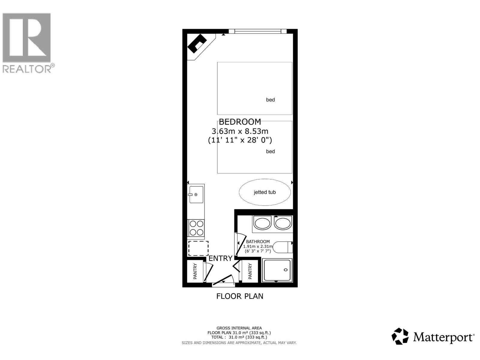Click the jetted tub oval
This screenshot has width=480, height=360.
click(265, 192)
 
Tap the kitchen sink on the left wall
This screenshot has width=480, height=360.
click(196, 194)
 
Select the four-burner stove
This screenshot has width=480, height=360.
click(196, 228)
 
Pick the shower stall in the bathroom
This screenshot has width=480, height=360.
click(277, 270)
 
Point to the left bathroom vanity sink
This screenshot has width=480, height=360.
click(262, 223)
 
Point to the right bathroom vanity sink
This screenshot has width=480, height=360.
click(283, 223)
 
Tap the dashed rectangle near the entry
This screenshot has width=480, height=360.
click(198, 248)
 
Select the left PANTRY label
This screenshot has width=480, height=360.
click(195, 271)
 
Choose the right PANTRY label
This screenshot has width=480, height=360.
click(250, 271)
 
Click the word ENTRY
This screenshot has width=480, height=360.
click(220, 258)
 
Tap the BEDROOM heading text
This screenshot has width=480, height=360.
click(240, 122)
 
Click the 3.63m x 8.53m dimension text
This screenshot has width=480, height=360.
click(240, 131)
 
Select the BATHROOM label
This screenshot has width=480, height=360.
click(258, 241)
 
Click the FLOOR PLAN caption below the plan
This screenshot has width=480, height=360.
click(240, 296)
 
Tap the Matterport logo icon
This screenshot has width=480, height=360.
click(400, 336)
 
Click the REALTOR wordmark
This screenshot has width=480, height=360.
click(27, 69)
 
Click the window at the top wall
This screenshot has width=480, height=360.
click(258, 31)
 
